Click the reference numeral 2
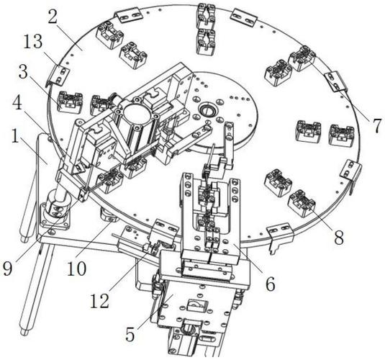point(53,17)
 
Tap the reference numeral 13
point(33,42)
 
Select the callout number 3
point(23,71)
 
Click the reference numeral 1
point(15,136)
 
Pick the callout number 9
point(7,269)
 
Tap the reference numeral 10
point(76,269)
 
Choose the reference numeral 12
point(100,301)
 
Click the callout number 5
point(130,335)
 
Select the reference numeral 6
point(271,284)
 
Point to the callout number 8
point(339,238)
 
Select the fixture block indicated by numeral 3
point(70,102)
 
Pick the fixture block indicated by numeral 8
point(302,204)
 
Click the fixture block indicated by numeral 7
point(302,58)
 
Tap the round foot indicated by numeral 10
point(109,215)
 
